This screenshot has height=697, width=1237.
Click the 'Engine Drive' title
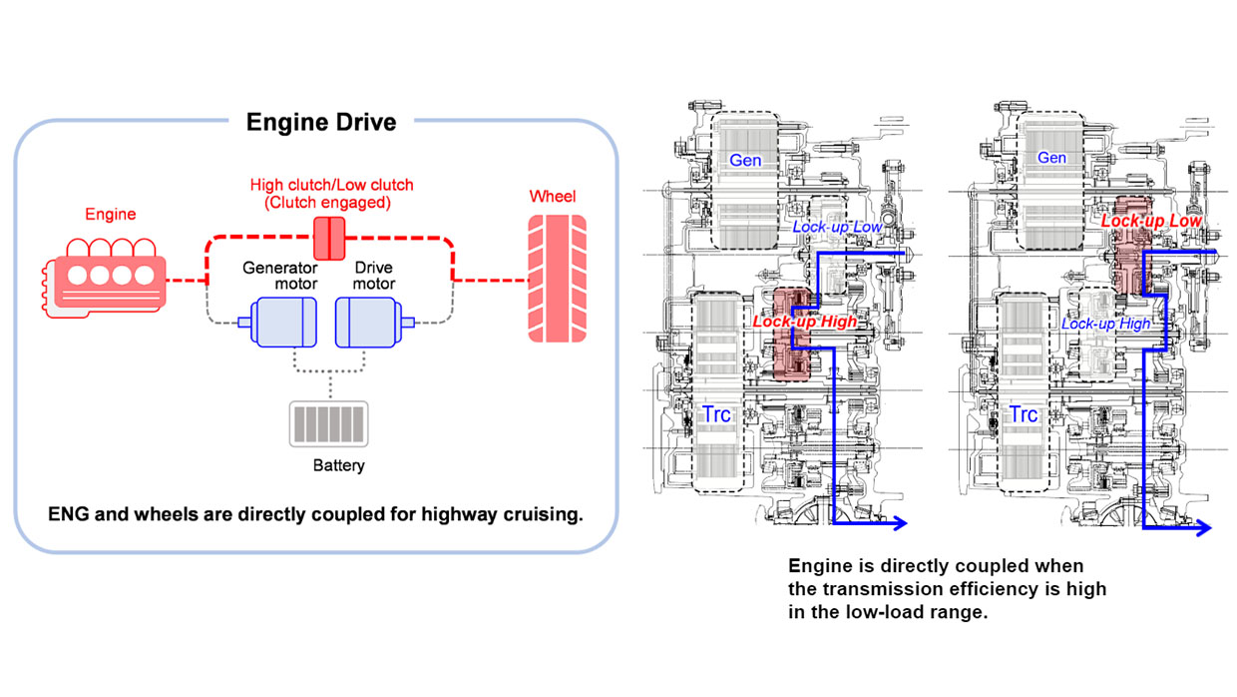coord(321,122)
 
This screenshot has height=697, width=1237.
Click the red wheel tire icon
coord(552,280)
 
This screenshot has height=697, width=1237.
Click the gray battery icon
coord(328,423)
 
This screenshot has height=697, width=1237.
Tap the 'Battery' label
coord(338,465)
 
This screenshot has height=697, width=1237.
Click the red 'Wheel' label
coord(553,197)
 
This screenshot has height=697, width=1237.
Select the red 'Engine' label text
coord(111,214)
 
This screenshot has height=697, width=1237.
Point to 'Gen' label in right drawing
coord(1051,158)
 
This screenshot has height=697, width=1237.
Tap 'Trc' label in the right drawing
coord(1023,414)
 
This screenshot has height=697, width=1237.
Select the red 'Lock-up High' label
coord(804,322)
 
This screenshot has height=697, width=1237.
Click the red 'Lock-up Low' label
coord(1152,220)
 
